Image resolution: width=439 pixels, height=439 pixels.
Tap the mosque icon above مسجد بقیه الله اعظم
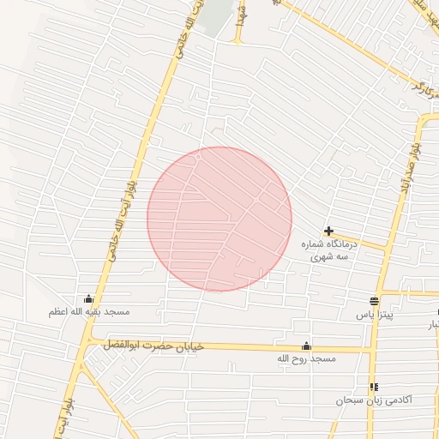[89, 298]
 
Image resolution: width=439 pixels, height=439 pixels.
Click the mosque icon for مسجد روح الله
[306, 346]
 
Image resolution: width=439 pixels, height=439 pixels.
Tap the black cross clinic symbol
[328, 231]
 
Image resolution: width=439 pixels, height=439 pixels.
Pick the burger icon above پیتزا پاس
[375, 301]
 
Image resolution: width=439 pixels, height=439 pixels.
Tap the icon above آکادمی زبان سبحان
[373, 387]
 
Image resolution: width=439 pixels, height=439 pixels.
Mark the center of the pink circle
[219, 219]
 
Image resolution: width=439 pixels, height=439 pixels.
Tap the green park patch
[219, 19]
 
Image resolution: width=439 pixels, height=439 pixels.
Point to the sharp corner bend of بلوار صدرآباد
[420, 120]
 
